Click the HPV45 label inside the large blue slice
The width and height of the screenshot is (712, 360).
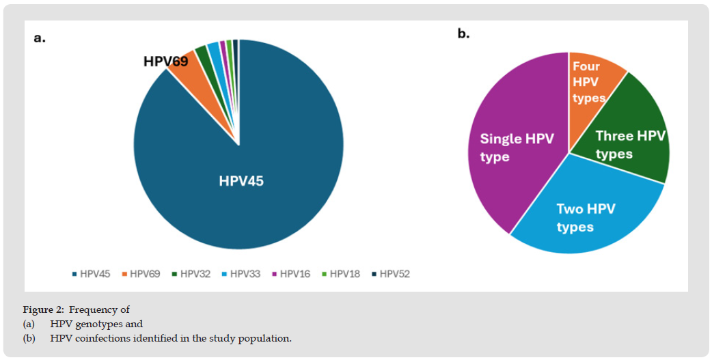241,181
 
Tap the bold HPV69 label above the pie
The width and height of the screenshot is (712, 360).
166,61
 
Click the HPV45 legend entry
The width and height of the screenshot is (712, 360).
92,274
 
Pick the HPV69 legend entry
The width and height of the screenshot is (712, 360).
141,274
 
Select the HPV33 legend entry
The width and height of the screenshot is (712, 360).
242,274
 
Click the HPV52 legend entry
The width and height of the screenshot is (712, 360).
391,274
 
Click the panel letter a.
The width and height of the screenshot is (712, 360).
40,38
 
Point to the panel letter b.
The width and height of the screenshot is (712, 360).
463,33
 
